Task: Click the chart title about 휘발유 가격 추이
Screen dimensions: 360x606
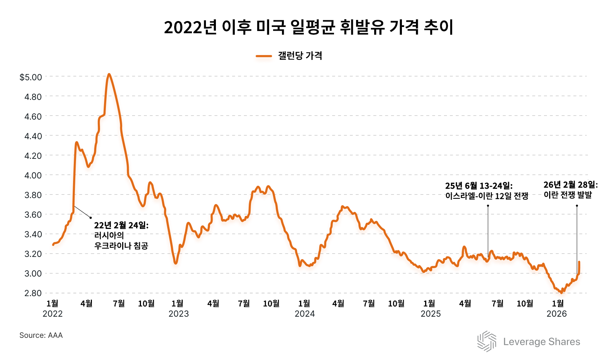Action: tap(308, 28)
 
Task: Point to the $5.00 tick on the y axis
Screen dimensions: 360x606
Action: tap(31, 77)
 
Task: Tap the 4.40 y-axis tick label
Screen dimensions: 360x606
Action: tap(33, 136)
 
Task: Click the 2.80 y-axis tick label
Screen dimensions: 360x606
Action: tap(33, 293)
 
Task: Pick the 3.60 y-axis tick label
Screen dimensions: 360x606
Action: tap(33, 215)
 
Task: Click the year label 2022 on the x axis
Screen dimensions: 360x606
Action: tap(53, 314)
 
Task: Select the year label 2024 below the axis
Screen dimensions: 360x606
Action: tap(305, 314)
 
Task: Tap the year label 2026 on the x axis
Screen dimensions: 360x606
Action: tap(557, 314)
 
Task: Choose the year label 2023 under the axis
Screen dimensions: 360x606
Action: tap(179, 314)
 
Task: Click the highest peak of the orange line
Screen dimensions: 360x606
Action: tap(109, 75)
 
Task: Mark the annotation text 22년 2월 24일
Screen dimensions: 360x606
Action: tap(121, 225)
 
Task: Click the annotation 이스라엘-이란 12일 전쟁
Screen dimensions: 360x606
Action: tap(487, 196)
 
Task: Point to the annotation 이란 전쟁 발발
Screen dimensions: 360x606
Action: tap(568, 195)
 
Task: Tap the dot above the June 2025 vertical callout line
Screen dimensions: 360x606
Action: tap(488, 206)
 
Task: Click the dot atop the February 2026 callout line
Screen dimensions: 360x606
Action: tap(577, 206)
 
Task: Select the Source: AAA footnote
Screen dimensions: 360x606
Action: tap(41, 335)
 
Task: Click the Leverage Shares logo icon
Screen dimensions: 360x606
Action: tap(487, 341)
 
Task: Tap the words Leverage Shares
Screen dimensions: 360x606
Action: tap(541, 342)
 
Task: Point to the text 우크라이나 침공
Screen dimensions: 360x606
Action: tap(121, 246)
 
